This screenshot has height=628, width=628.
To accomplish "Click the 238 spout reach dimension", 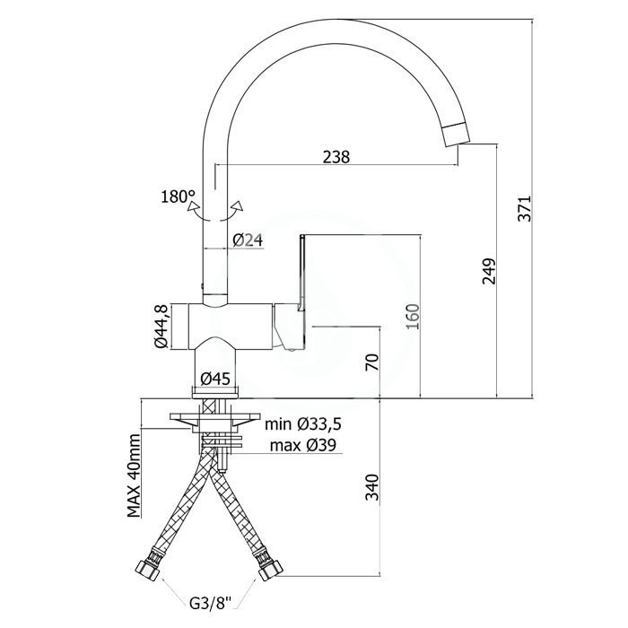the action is click(336, 157).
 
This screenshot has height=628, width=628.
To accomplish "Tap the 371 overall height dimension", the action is click(524, 208).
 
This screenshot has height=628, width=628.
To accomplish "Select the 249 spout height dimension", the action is click(489, 271).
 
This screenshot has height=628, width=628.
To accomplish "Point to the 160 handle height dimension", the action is click(413, 317).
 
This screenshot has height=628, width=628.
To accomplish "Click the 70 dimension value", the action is click(371, 362).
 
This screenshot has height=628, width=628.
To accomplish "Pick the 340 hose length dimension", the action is click(371, 487).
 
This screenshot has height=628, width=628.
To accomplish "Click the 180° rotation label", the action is click(178, 196).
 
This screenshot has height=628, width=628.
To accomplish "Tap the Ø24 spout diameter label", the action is click(248, 240).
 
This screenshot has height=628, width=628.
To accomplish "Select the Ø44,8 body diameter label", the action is click(161, 326).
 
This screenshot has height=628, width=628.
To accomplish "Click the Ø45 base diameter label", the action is click(215, 379).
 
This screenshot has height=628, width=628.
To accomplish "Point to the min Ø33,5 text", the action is click(303, 424).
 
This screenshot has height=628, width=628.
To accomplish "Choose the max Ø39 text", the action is click(303, 445).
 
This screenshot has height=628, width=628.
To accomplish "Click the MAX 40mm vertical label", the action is click(135, 475).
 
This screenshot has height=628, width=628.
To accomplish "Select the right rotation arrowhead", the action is click(238, 205).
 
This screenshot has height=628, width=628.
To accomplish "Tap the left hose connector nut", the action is click(146, 569).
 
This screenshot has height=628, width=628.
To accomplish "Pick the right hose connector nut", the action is click(271, 569).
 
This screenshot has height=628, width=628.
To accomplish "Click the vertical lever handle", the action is click(302, 273).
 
